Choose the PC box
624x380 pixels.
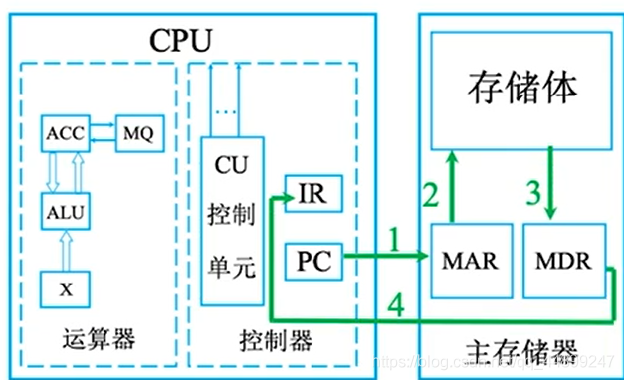pyautogui.click(x=312, y=263)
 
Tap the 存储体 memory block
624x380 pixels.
pyautogui.click(x=520, y=90)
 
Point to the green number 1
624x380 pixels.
pyautogui.click(x=394, y=240)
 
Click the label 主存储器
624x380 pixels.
pyautogui.click(x=520, y=350)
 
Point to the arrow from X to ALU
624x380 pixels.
pyautogui.click(x=64, y=249)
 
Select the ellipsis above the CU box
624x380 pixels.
pyautogui.click(x=226, y=112)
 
